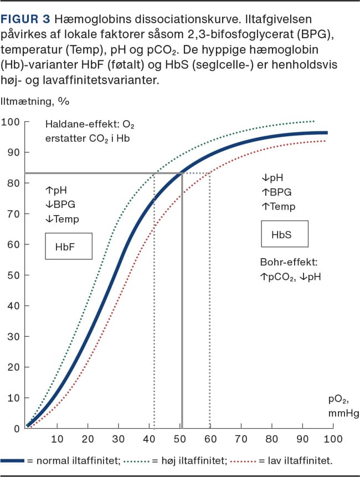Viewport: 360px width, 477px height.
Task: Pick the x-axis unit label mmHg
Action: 343,413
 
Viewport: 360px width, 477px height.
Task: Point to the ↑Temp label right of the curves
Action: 279,206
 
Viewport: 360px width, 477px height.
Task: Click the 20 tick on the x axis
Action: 87,439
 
